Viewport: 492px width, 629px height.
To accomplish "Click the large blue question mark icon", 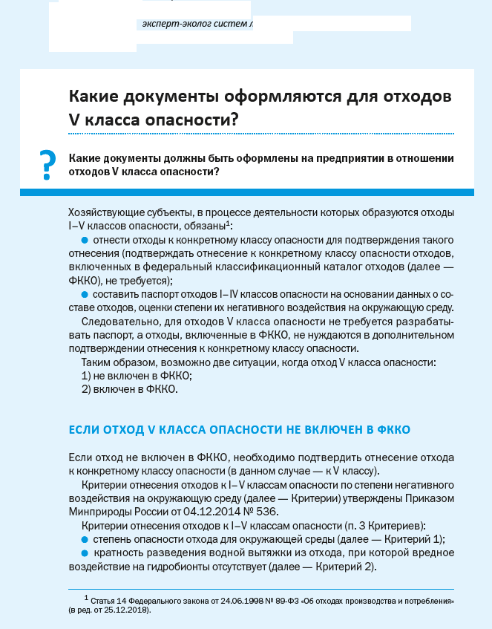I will tap(47, 163).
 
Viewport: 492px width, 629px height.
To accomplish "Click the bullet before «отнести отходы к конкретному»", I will tap(85, 240).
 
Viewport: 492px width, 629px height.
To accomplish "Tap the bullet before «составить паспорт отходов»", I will tap(85, 294).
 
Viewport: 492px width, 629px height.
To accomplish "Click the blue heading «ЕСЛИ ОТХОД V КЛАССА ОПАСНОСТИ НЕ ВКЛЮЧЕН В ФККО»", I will tap(238, 429).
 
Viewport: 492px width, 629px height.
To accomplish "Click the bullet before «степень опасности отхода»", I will tap(85, 539).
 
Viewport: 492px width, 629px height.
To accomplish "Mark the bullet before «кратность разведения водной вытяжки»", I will tap(85, 553).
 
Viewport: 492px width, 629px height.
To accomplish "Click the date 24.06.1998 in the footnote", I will tap(222, 600).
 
